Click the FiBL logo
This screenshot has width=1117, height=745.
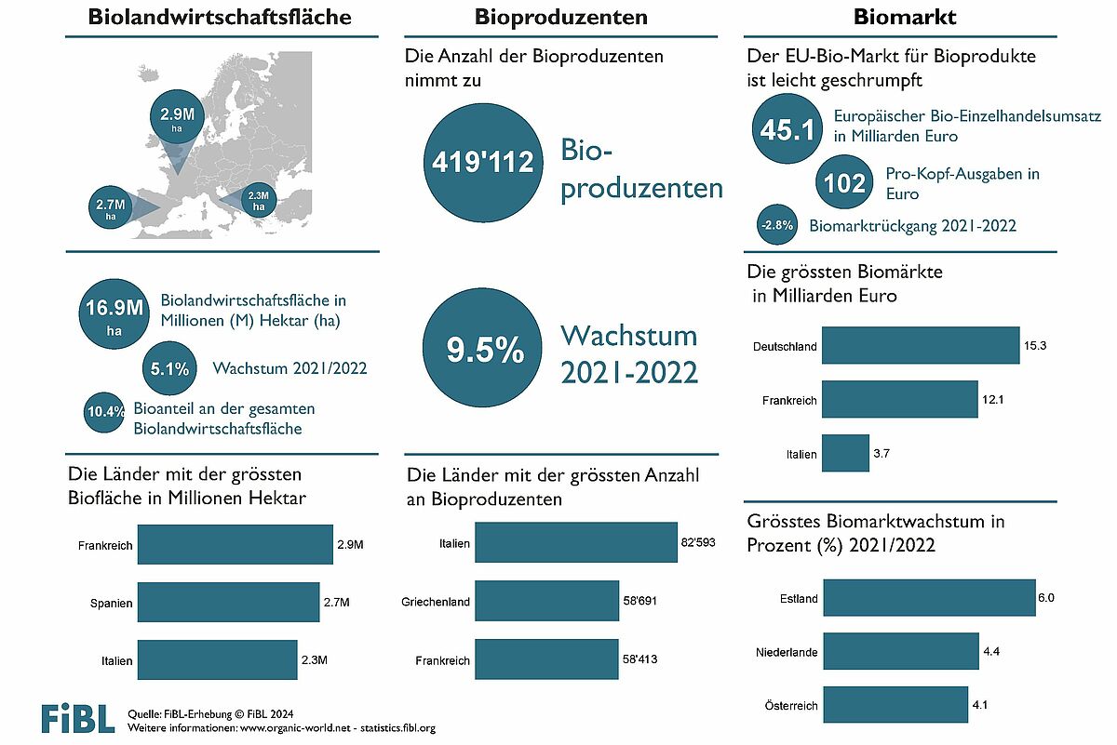pyautogui.click(x=78, y=719)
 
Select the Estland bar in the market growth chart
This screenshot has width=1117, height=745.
pyautogui.click(x=930, y=597)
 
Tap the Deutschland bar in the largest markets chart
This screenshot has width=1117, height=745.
pyautogui.click(x=921, y=345)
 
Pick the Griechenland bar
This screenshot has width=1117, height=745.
pyautogui.click(x=546, y=601)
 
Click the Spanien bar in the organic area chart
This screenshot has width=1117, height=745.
pyautogui.click(x=228, y=602)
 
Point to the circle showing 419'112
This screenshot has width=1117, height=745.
pyautogui.click(x=483, y=163)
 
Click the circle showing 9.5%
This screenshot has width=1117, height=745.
pyautogui.click(x=483, y=347)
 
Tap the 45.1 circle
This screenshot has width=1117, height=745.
pyautogui.click(x=787, y=128)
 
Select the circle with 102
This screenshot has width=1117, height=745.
pyautogui.click(x=844, y=182)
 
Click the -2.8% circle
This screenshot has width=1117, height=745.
pyautogui.click(x=777, y=225)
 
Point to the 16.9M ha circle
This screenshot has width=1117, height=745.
pyautogui.click(x=114, y=314)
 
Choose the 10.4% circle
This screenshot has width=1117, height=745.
pyautogui.click(x=104, y=412)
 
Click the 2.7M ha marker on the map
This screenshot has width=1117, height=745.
pyautogui.click(x=111, y=207)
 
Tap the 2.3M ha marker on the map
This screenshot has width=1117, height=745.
pyautogui.click(x=259, y=200)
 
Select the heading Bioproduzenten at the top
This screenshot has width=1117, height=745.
pyautogui.click(x=561, y=17)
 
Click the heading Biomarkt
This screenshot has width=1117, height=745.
pyautogui.click(x=905, y=17)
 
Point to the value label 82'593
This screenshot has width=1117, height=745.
pyautogui.click(x=698, y=542)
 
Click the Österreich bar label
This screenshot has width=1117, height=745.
pyautogui.click(x=791, y=706)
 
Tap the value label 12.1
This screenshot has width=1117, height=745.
pyautogui.click(x=993, y=400)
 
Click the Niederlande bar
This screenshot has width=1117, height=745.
pyautogui.click(x=901, y=651)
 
